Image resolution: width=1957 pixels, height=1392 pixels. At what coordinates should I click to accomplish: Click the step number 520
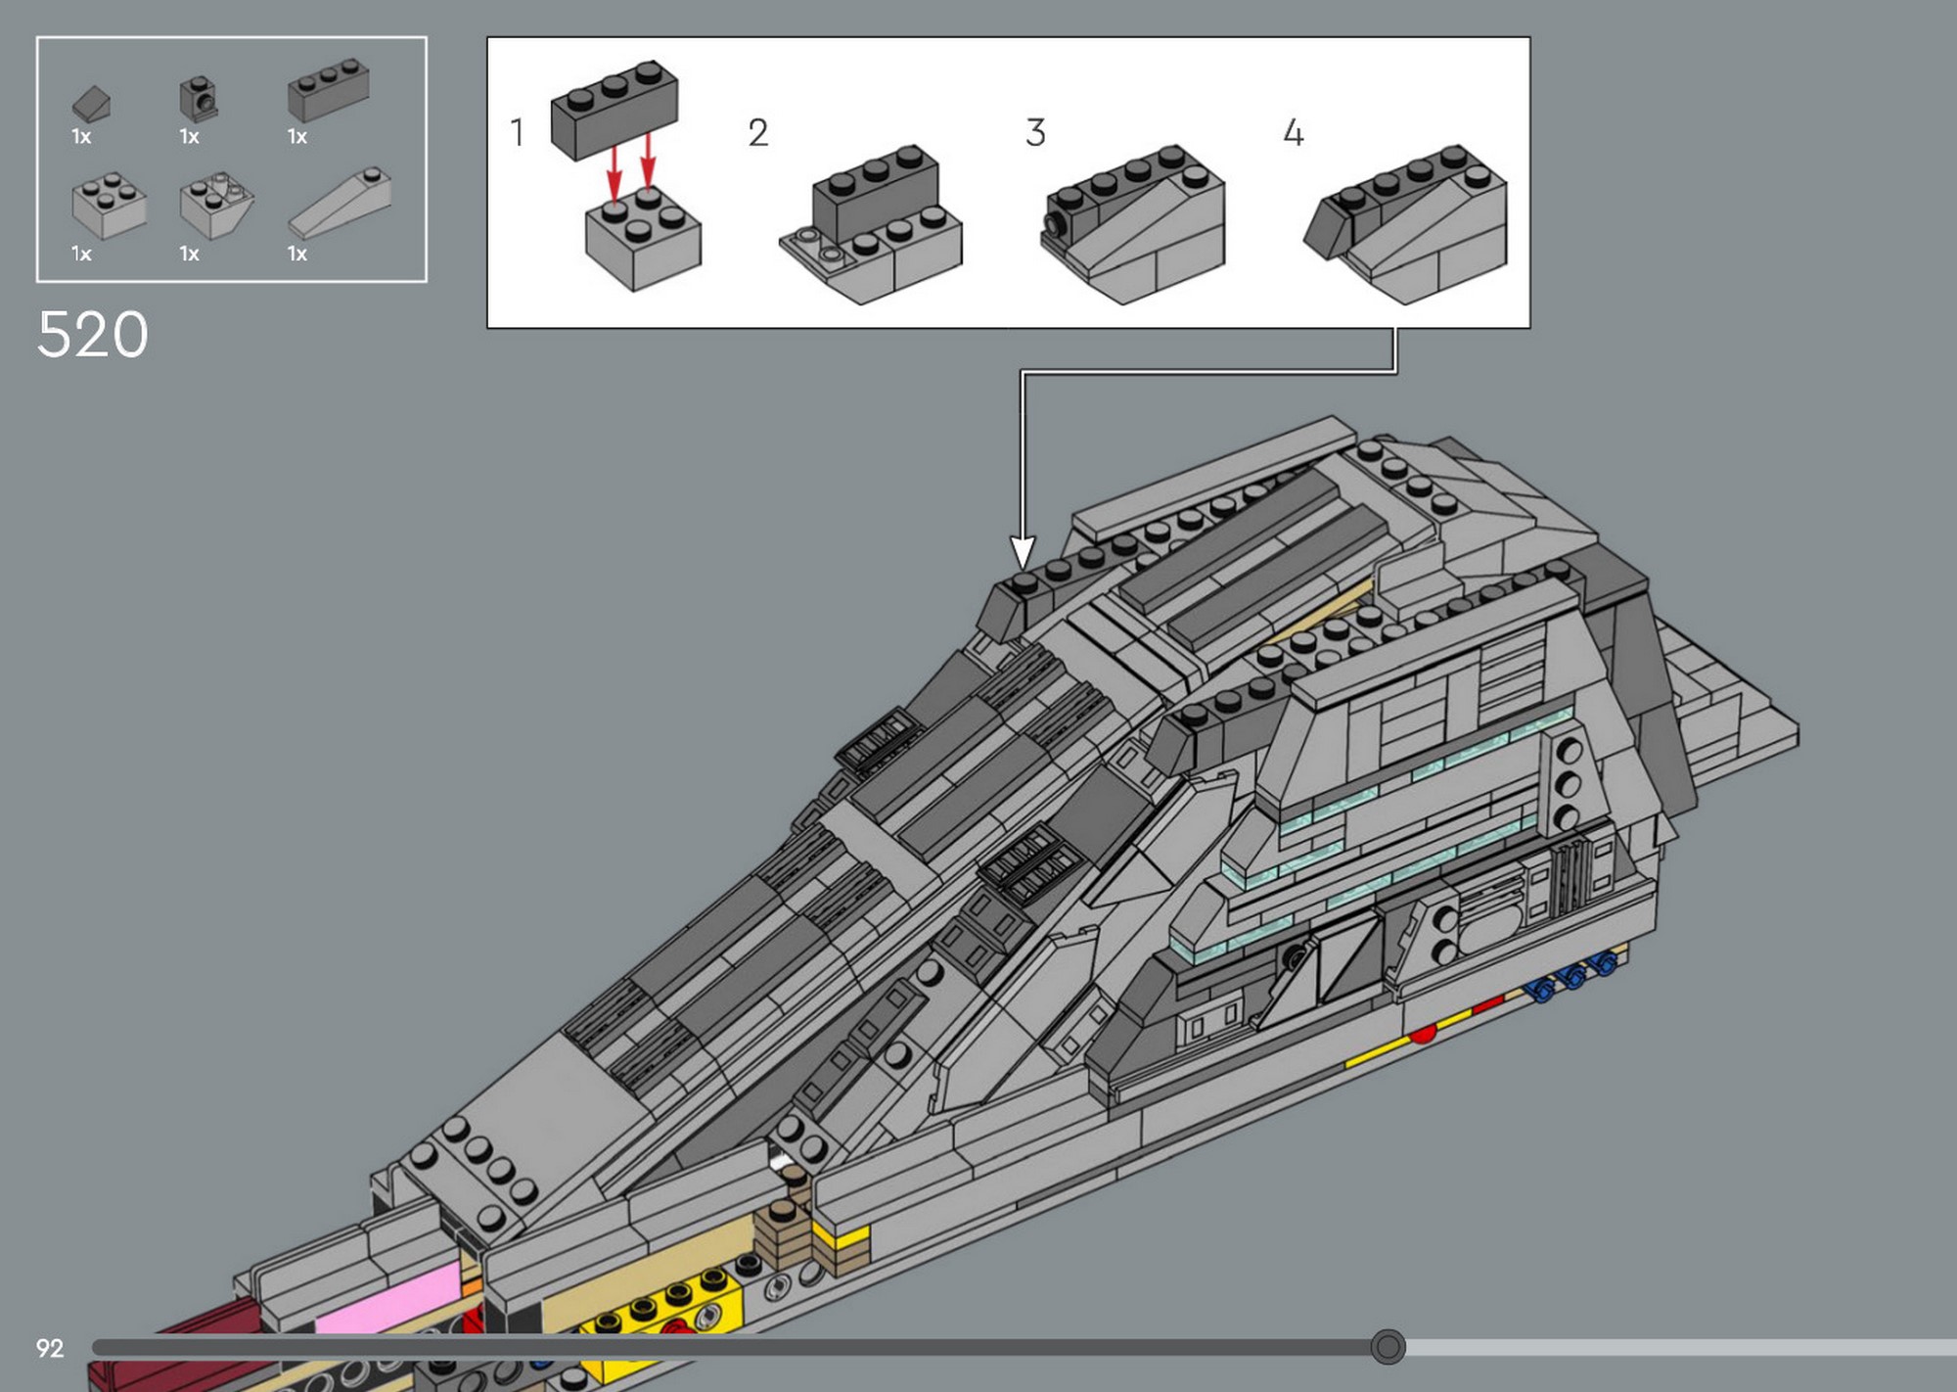(93, 335)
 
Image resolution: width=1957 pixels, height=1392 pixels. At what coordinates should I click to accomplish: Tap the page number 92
(50, 1348)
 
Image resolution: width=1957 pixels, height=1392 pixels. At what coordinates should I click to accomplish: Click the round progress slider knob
(1388, 1347)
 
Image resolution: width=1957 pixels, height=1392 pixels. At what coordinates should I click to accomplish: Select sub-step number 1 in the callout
(518, 132)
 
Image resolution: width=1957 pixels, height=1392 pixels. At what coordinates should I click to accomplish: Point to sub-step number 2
(758, 132)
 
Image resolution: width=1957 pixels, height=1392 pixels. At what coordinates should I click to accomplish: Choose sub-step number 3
(1035, 132)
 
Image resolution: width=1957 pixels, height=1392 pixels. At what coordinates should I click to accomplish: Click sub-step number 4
(1294, 132)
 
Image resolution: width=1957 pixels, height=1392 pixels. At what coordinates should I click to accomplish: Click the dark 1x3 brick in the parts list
(328, 89)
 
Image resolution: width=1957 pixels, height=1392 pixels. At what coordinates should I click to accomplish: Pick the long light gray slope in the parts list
(341, 202)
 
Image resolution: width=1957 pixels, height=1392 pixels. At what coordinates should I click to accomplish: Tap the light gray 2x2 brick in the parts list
(109, 206)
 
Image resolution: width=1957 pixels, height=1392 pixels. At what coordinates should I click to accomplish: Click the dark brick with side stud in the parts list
(199, 99)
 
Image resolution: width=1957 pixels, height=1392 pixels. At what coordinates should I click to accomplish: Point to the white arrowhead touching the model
(1023, 552)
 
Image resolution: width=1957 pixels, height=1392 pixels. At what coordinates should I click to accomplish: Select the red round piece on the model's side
(1423, 1033)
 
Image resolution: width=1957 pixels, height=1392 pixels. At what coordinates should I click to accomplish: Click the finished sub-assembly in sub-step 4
(1405, 223)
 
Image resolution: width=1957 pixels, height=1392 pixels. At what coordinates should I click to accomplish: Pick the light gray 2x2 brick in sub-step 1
(643, 238)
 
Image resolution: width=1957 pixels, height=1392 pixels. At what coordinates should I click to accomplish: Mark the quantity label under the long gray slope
(297, 254)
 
